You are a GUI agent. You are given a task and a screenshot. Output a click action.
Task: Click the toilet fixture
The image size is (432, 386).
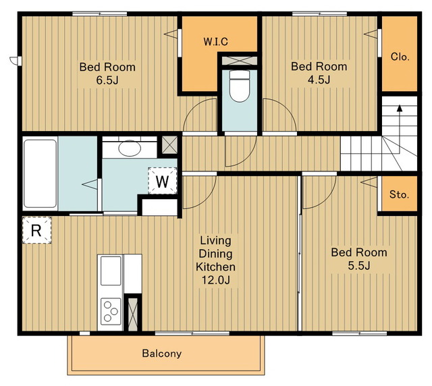tap(240, 86)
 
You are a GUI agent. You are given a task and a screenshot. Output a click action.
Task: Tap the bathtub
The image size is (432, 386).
tap(40, 173)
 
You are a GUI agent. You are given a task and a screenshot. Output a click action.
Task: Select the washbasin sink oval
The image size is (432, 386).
tap(130, 148)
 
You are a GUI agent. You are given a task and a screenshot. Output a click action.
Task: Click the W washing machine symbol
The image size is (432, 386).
tap(162, 182)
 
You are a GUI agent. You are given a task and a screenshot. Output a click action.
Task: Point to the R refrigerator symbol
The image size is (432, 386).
tap(36, 230)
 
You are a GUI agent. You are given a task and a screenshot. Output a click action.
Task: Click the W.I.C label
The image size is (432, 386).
tap(216, 42)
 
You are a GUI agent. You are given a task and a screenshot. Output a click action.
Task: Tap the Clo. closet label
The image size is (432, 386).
tap(400, 57)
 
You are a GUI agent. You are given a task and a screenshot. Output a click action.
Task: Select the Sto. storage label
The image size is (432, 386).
tap(399, 194)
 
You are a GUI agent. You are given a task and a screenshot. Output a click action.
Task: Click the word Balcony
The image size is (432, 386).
tap(162, 354)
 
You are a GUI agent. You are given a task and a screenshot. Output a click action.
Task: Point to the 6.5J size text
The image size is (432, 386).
tap(107, 80)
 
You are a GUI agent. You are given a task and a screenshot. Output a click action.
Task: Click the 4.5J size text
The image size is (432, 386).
tap(319, 80)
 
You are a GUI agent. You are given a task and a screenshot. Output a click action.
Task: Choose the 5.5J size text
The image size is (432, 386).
tap(359, 266)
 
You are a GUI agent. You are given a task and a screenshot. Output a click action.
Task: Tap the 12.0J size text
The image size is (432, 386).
tap(216, 280)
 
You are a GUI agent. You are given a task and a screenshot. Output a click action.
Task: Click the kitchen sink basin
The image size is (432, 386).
tap(111, 271)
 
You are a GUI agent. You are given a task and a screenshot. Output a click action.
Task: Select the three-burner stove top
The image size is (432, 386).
tap(111, 311)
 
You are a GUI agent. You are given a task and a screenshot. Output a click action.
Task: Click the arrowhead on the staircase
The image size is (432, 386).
tap(400, 108)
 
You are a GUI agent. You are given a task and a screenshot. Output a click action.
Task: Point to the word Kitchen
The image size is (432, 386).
tap(215, 267)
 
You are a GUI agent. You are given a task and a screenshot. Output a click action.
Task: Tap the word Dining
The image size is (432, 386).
tap(215, 254)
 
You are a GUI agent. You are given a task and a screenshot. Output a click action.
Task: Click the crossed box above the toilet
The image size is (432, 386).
tap(240, 61)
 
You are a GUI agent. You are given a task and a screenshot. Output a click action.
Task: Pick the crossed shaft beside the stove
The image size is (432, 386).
tap(133, 314)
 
